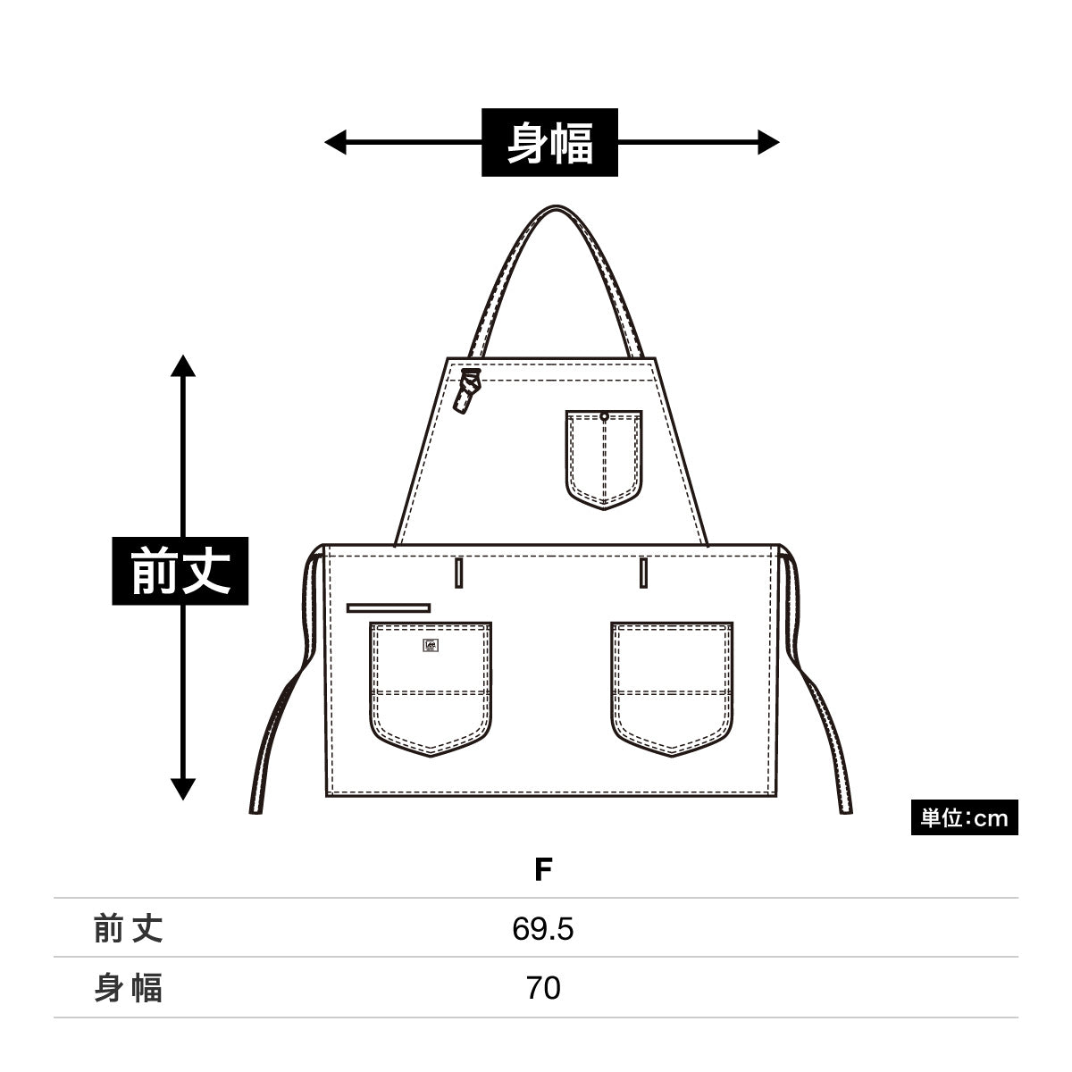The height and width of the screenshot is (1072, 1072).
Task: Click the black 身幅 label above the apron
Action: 549,142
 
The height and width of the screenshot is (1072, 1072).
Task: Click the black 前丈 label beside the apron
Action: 180,571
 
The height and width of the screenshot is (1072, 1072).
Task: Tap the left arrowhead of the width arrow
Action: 335,141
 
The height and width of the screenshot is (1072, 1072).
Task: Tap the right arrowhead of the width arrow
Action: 768,141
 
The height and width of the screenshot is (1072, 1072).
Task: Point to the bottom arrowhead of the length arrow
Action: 183,789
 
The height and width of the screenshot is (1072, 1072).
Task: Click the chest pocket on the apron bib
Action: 604,458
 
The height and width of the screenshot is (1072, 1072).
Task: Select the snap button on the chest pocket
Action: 605,416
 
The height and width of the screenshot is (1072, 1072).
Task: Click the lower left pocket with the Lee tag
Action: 431,688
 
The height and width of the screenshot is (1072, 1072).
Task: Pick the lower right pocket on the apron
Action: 672,688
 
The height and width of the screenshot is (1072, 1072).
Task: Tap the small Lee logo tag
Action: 431,645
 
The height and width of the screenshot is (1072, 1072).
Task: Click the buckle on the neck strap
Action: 468,390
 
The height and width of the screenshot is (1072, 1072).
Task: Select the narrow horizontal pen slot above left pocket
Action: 389,607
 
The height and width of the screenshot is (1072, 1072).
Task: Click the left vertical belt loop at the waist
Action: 459,572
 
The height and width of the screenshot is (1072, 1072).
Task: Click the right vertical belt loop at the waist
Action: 643,572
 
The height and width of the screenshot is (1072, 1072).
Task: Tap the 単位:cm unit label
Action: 964,818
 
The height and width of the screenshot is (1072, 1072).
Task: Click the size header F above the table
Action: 543,869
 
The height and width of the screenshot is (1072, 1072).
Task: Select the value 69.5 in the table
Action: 543,930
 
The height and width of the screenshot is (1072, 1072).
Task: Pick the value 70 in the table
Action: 543,989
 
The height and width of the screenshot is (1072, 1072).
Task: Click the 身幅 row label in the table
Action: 129,989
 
